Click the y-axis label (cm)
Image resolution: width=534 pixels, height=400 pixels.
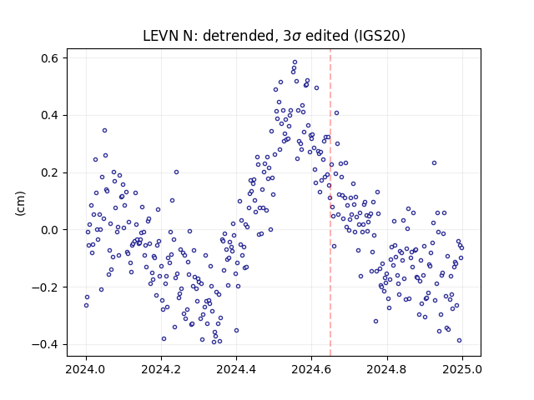coord(20,203)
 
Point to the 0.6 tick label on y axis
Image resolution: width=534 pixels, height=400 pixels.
coord(50,58)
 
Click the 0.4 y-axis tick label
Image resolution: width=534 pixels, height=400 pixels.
coord(50,115)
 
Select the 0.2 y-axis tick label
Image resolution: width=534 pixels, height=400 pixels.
coord(50,172)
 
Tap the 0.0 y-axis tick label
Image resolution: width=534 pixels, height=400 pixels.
coord(50,230)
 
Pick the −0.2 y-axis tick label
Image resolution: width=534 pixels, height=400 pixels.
coord(46,287)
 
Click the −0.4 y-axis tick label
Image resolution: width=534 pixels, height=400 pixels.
coord(46,344)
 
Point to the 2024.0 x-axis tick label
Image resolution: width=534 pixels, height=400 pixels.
coord(86,369)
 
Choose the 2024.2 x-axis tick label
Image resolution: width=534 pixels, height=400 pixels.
coord(161,369)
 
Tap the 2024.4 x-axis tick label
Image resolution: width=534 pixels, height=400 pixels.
coord(236,369)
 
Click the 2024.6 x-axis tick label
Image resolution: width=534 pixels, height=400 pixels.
coord(311,369)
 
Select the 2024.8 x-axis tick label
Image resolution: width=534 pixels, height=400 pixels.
coord(387,369)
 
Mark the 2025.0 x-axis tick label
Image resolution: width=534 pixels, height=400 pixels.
coord(462,369)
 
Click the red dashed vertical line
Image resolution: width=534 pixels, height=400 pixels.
coord(330,202)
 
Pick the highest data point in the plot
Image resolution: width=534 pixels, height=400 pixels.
coord(295,62)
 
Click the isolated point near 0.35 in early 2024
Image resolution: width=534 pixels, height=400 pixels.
coord(104,131)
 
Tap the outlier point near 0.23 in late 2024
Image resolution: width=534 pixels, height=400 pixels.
coord(434,163)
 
